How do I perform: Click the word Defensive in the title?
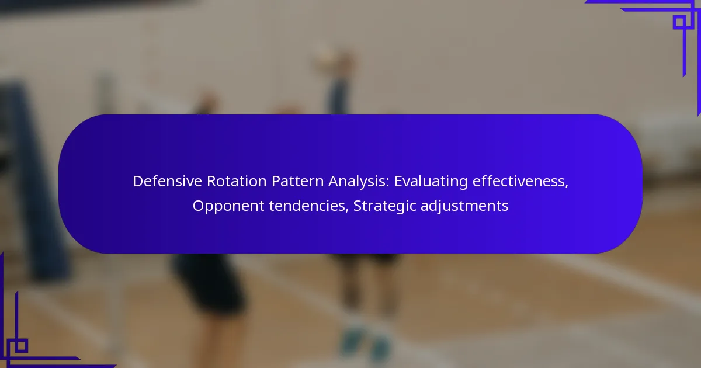pos(168,181)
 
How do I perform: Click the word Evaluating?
pos(431,182)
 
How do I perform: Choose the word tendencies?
pos(309,206)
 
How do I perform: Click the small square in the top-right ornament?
pos(680,22)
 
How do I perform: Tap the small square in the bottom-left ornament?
pos(21,346)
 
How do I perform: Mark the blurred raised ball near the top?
pos(325,57)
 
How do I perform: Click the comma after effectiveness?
pos(567,186)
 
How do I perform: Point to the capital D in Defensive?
pos(138,181)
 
